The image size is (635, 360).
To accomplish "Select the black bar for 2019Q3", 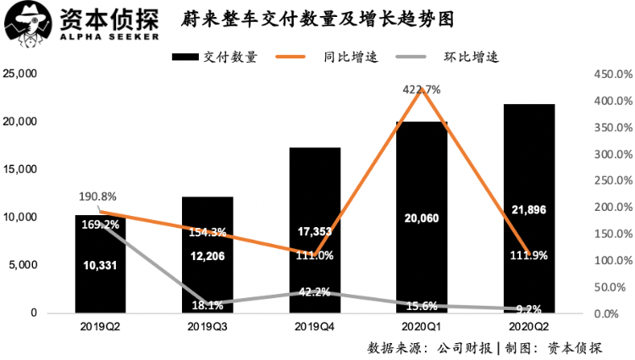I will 207,254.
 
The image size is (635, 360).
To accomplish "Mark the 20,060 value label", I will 421,218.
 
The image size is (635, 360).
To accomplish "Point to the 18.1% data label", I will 207,305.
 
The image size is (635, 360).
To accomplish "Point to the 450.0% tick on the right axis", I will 610,75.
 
